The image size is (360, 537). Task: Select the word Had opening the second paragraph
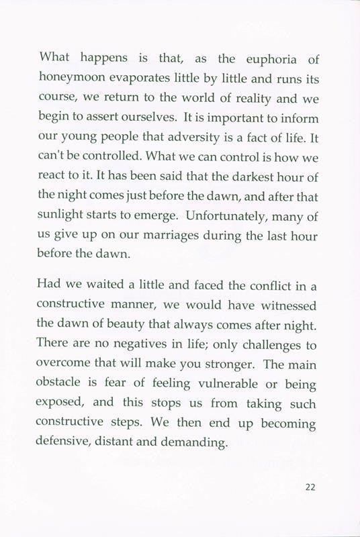click(x=51, y=285)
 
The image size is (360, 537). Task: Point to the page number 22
click(x=310, y=488)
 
